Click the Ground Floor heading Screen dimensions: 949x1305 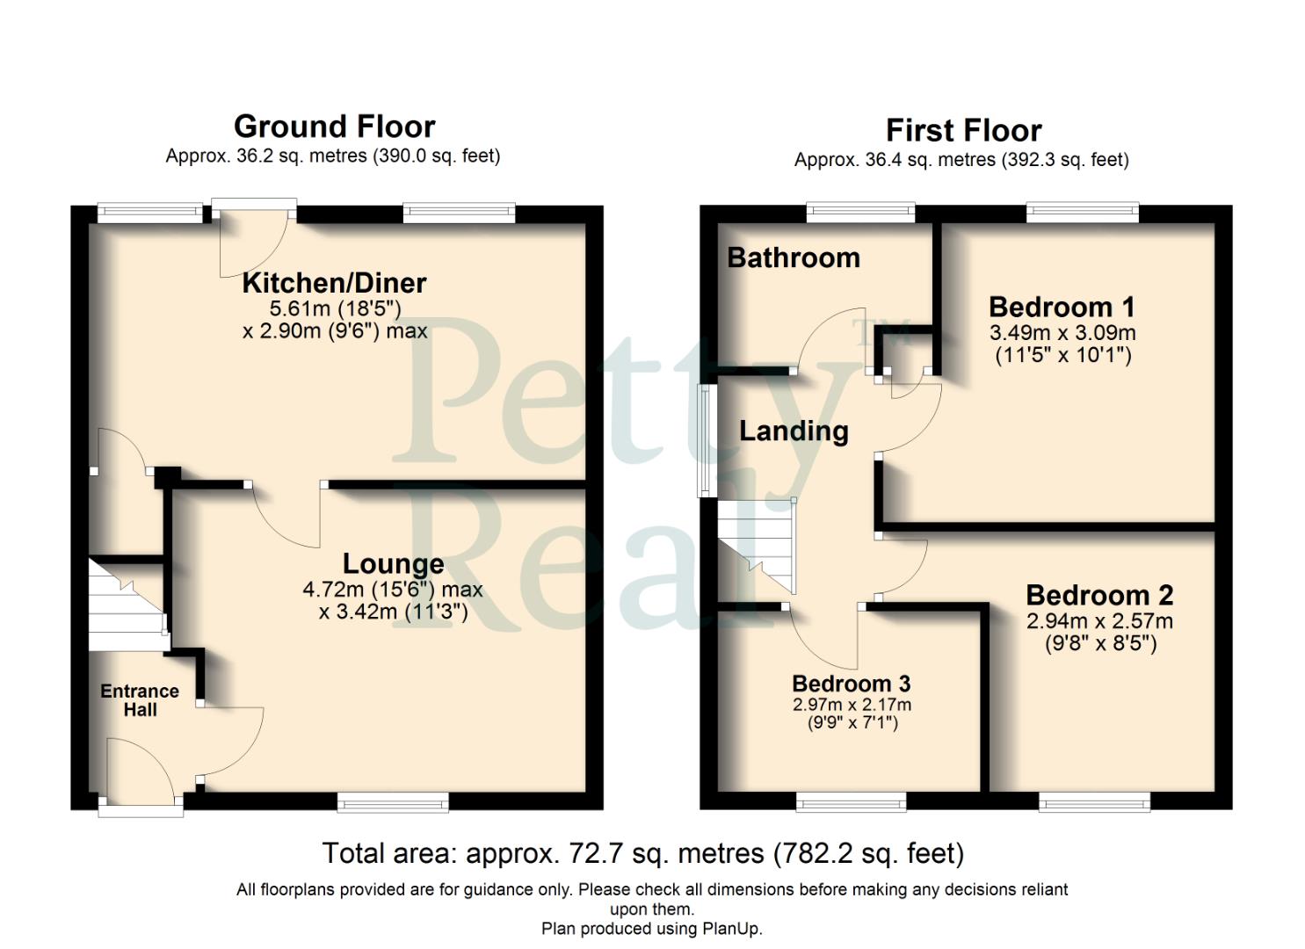coord(334,127)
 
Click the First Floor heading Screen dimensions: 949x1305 coord(963,131)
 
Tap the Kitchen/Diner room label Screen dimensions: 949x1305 coord(334,283)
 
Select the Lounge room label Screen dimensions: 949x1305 coord(393,563)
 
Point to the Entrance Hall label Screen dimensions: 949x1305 coord(140,700)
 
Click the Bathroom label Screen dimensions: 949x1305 coord(794,257)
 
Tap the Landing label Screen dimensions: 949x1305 coord(794,431)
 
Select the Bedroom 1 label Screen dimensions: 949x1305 coord(1062,307)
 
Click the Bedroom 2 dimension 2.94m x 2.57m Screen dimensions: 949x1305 coord(1099,620)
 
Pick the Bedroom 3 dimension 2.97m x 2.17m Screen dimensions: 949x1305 coord(852,705)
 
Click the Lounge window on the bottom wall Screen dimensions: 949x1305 coord(393,800)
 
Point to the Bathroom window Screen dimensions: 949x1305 coord(860,211)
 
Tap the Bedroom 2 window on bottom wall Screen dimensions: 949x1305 coord(1094,800)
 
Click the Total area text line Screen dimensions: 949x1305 coord(642,853)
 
